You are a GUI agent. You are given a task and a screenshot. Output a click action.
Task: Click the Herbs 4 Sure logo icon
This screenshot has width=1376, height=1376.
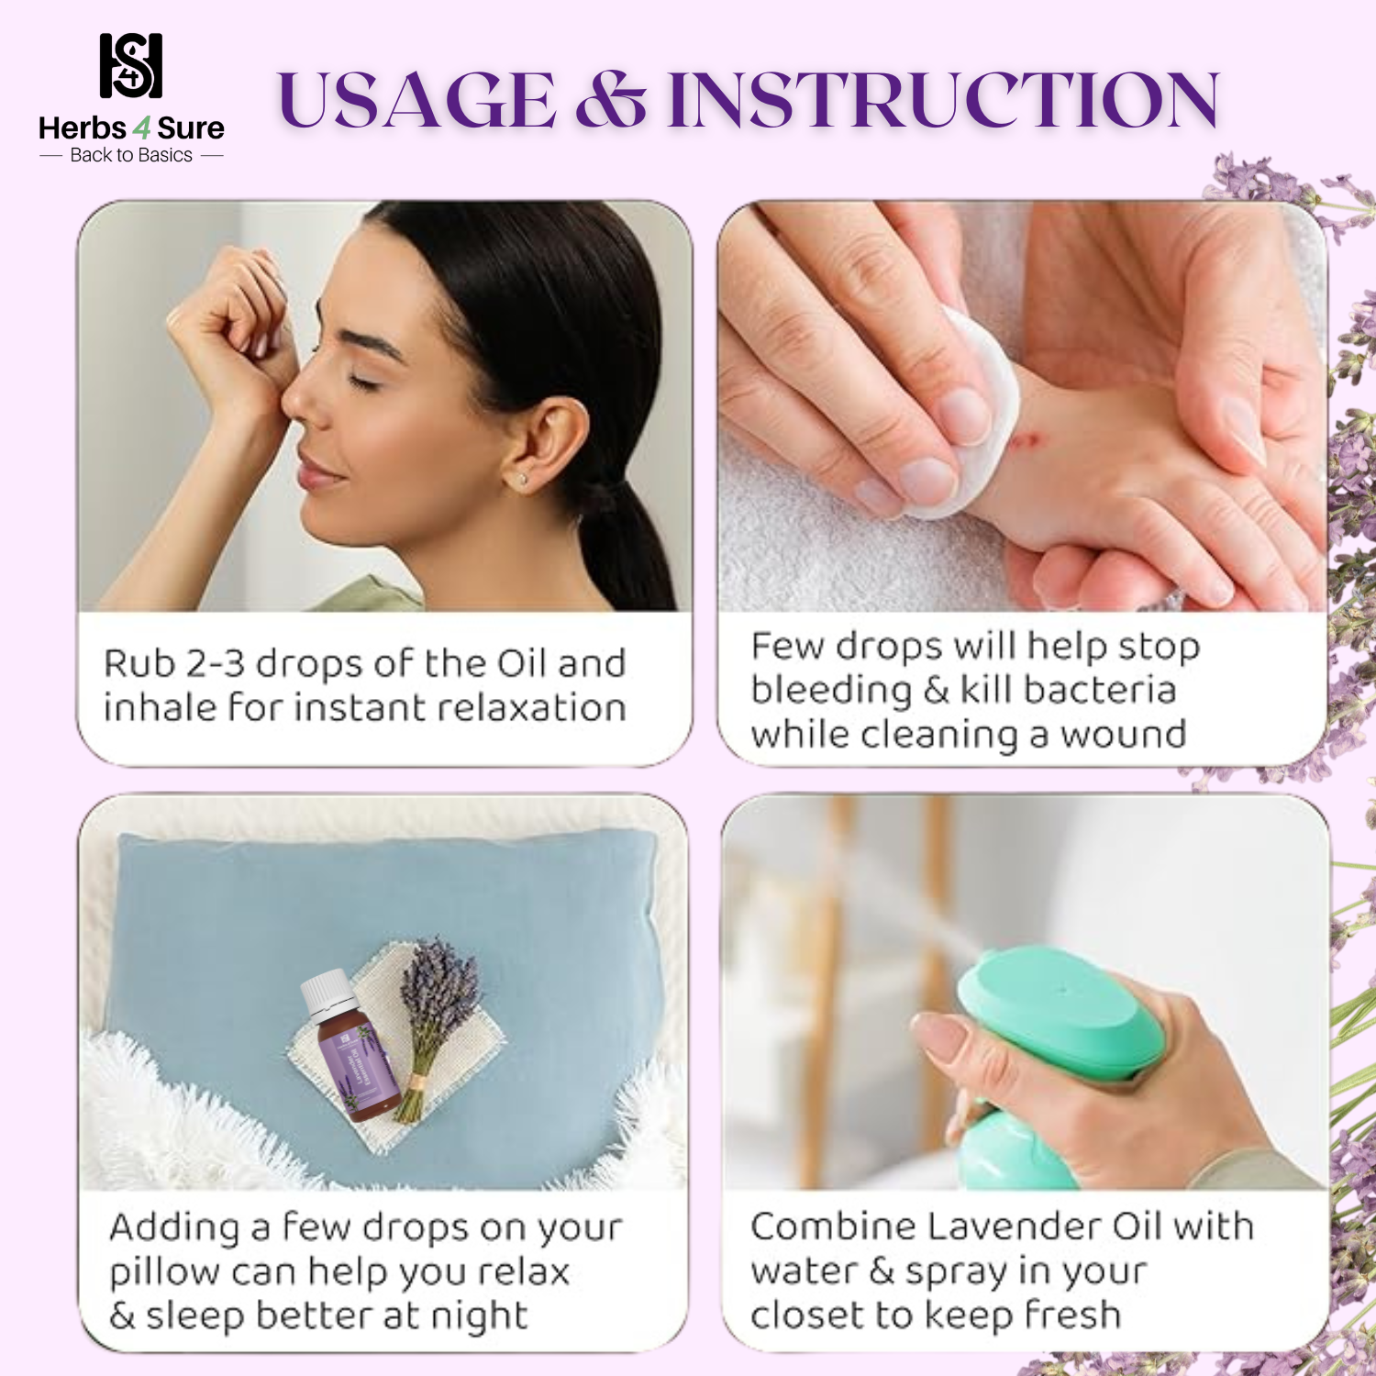click(131, 66)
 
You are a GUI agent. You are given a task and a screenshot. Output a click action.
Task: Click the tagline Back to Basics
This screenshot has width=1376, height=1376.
click(131, 155)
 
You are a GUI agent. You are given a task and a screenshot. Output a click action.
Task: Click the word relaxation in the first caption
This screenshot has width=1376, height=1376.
click(530, 707)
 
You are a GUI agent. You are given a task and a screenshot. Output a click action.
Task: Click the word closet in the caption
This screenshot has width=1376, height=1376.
click(807, 1315)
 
